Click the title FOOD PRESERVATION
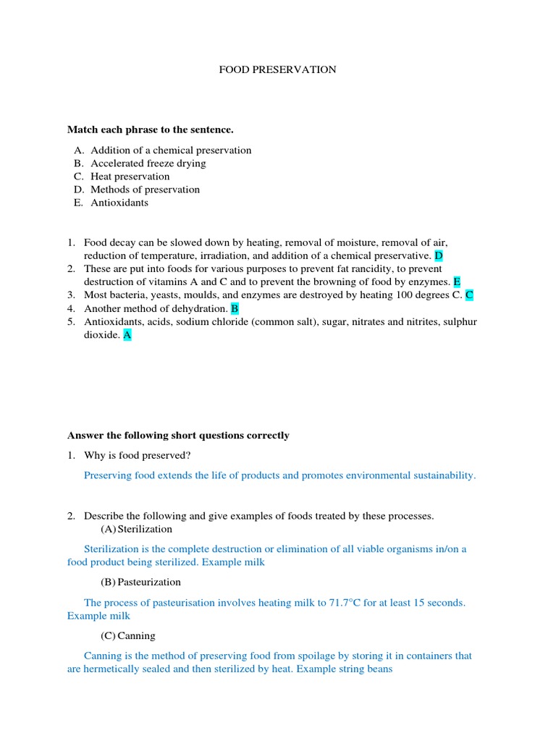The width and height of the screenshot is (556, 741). pos(278,69)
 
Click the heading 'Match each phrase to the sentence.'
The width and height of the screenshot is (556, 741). pos(151,130)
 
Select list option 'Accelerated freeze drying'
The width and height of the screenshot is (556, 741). pos(148,164)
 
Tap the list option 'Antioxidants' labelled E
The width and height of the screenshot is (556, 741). pos(119,203)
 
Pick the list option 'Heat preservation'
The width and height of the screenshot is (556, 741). pos(130,177)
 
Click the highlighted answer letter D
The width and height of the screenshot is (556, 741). pos(439,256)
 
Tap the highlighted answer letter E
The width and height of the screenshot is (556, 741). pos(457,282)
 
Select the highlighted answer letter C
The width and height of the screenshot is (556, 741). pos(469,295)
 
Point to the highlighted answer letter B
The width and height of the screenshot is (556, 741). pos(235,308)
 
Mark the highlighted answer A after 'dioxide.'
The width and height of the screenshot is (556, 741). pos(127,335)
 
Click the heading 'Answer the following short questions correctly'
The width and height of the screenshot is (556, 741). pos(178,436)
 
